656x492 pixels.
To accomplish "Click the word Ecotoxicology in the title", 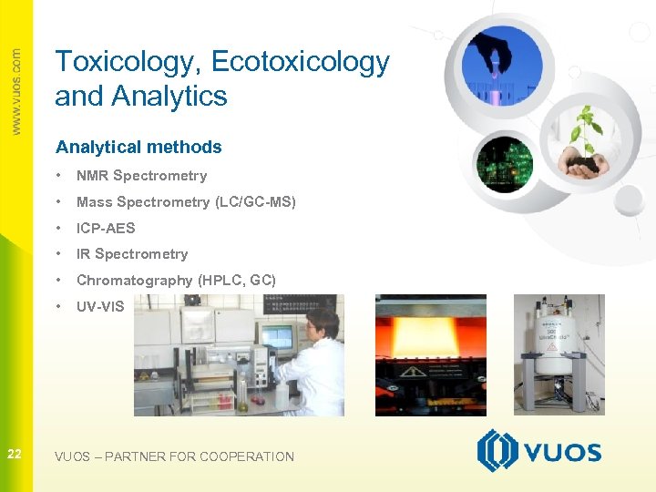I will tap(300, 62).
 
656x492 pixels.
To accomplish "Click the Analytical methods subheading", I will tap(138, 147).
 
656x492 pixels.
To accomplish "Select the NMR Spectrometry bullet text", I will tap(141, 176).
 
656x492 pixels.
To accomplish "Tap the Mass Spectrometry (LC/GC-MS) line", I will tap(186, 202).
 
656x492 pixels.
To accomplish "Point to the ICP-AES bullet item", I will tap(106, 228).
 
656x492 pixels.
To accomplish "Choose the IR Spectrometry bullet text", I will tap(132, 254).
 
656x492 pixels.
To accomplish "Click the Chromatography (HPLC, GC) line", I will tap(176, 281).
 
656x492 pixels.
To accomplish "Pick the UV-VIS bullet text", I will tap(100, 307).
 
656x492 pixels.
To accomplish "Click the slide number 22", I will tap(15, 454).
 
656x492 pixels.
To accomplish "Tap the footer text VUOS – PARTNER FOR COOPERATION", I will tap(174, 456).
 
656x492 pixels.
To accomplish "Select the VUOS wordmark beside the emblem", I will tap(563, 453).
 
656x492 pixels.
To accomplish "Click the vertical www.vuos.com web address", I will tap(15, 91).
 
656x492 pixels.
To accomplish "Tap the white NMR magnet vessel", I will tap(559, 346).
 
